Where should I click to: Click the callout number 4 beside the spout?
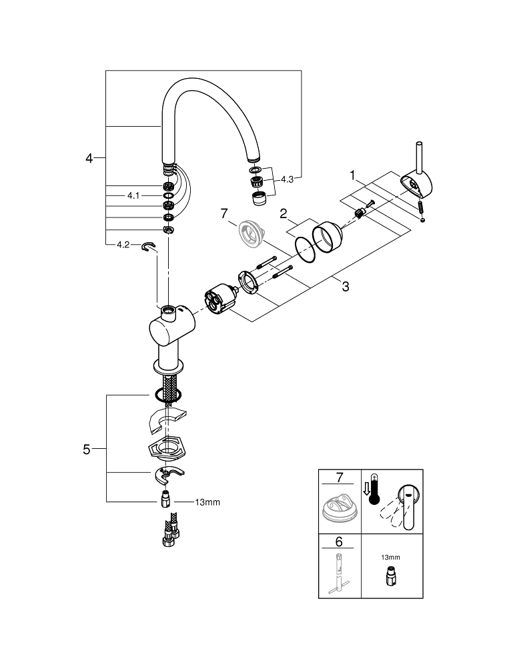coord(89,158)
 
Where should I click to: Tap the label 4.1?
coord(133,195)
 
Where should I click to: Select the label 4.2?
coord(123,245)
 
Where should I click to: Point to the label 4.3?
coord(287,179)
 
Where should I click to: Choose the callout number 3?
coord(345,287)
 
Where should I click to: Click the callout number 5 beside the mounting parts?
coord(86,450)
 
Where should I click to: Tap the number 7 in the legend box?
coord(339,478)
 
